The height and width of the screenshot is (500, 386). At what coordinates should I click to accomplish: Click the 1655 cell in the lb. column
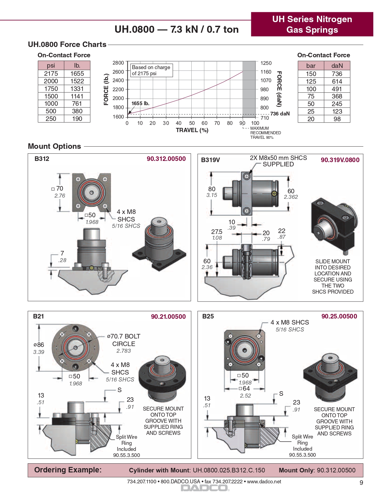[77, 74]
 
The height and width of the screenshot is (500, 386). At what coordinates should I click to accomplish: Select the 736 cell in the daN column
[337, 74]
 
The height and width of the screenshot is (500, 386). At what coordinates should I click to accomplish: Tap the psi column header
[51, 65]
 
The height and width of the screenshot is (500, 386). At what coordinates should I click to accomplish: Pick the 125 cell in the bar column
[311, 82]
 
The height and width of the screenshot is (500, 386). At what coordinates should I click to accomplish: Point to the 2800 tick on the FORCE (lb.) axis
[118, 63]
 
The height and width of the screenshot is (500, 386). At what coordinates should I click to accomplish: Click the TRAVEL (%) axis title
[192, 130]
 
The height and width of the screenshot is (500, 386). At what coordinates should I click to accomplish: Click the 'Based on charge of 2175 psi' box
[151, 70]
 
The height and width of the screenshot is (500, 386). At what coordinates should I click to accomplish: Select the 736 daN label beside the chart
[280, 114]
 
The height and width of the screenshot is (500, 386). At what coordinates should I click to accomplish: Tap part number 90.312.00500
[166, 159]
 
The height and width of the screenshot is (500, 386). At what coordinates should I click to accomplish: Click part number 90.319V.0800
[340, 160]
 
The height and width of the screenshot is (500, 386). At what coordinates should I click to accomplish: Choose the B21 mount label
[38, 316]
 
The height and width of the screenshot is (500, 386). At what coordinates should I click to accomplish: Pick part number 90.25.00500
[339, 316]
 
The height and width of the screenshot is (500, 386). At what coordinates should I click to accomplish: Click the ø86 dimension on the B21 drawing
[39, 345]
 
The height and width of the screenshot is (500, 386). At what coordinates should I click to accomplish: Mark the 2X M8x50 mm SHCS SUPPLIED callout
[278, 161]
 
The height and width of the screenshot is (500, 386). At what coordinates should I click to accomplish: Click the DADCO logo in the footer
[205, 488]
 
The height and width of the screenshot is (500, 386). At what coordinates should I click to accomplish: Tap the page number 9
[361, 483]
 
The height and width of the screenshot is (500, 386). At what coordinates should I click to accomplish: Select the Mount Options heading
[54, 146]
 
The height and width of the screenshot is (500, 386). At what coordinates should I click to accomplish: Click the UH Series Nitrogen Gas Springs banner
[312, 25]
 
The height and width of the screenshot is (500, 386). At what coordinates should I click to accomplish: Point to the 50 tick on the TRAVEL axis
[192, 123]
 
